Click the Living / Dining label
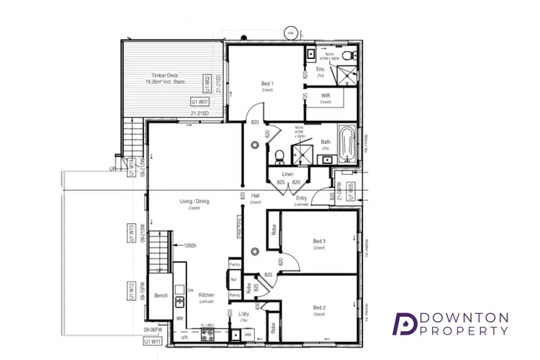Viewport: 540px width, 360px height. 194,201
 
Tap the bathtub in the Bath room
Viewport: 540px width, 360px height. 346,145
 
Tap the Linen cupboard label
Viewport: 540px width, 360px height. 287,174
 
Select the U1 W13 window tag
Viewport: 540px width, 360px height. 132,235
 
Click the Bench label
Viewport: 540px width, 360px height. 161,295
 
